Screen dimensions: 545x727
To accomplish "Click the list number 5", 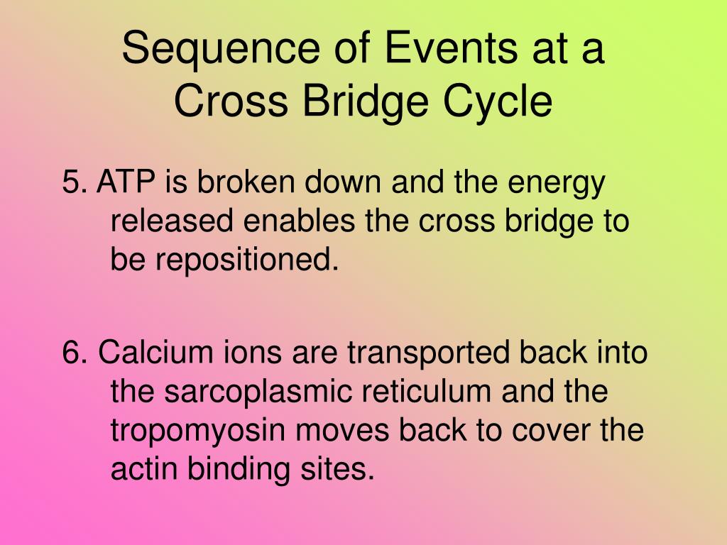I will (72, 183).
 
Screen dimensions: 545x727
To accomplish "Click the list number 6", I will (72, 353).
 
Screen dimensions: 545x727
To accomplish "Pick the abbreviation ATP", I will (128, 183).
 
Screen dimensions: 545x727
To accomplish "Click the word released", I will (173, 222).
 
